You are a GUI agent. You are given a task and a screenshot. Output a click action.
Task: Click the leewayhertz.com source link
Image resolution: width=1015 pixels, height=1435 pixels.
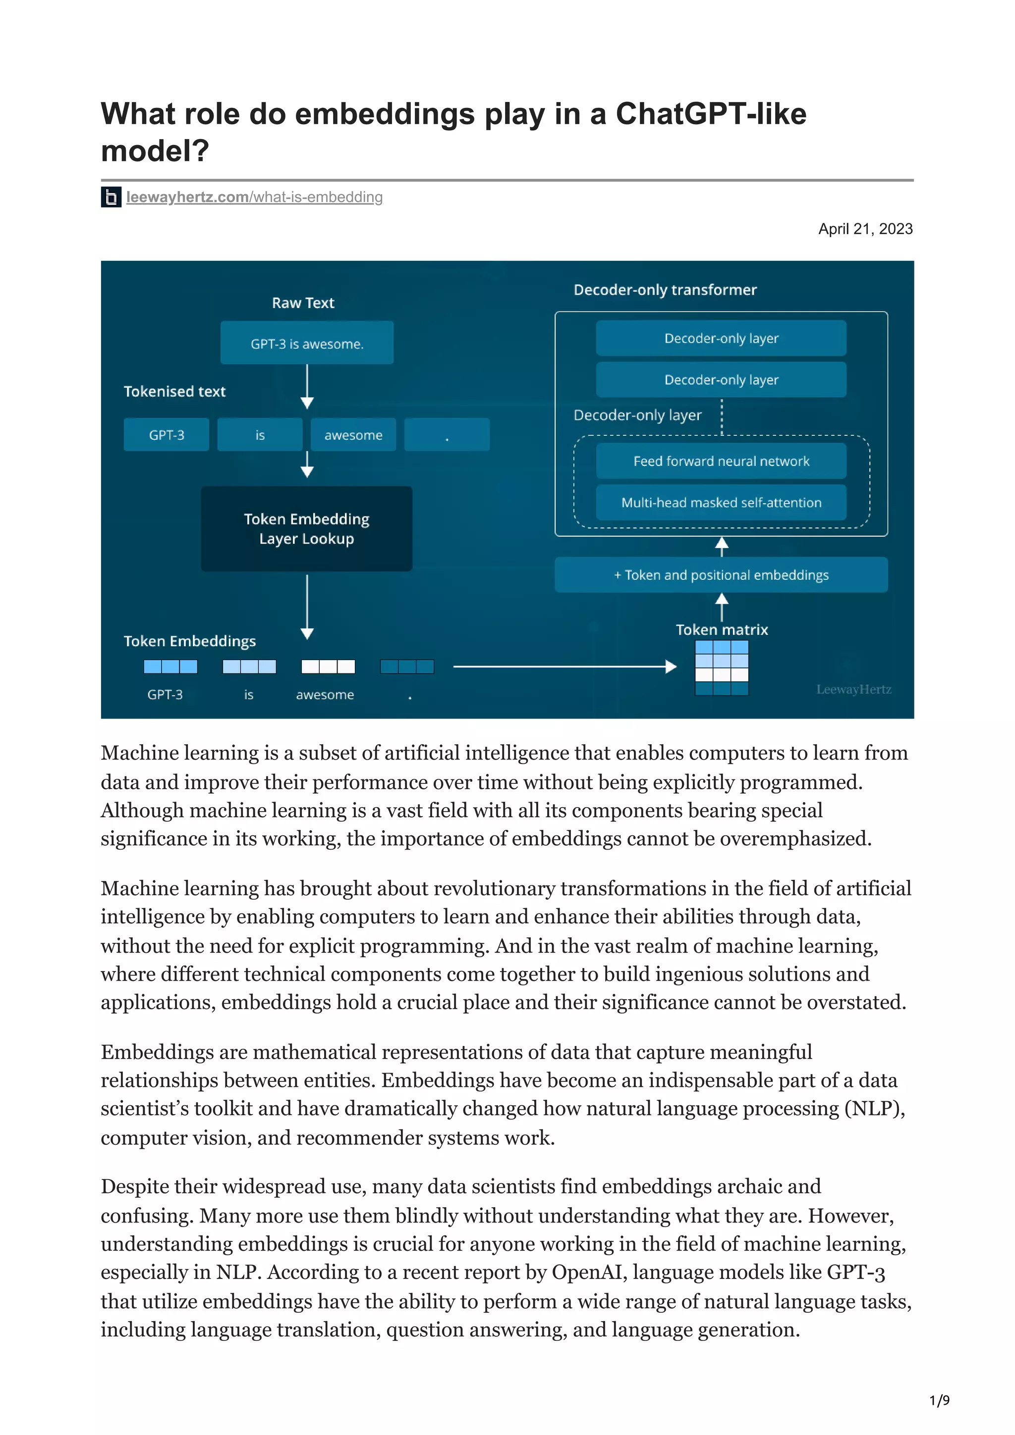pyautogui.click(x=254, y=198)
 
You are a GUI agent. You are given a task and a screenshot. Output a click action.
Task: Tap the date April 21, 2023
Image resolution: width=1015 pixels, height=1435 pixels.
pyautogui.click(x=865, y=229)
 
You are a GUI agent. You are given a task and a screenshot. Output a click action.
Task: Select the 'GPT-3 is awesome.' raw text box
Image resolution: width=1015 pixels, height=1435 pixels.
pyautogui.click(x=306, y=343)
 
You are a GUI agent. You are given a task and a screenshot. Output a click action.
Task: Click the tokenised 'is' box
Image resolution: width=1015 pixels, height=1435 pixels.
pyautogui.click(x=260, y=435)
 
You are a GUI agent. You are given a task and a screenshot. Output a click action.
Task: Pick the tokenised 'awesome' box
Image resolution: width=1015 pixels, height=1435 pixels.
pyautogui.click(x=353, y=435)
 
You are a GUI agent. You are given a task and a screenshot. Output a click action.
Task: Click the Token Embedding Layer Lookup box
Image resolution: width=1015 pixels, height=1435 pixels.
pyautogui.click(x=306, y=529)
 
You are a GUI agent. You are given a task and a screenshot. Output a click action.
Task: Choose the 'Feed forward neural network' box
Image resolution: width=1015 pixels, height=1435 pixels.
pyautogui.click(x=721, y=461)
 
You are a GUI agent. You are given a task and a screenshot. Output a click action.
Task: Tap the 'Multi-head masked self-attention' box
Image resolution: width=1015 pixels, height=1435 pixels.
pyautogui.click(x=721, y=503)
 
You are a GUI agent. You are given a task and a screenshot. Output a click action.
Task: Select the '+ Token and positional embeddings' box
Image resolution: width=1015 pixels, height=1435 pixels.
pyautogui.click(x=721, y=575)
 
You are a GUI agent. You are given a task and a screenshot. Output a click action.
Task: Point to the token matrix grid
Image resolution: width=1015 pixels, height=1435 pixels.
pyautogui.click(x=722, y=667)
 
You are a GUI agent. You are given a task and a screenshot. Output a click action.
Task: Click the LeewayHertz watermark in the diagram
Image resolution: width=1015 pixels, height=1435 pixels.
pyautogui.click(x=853, y=689)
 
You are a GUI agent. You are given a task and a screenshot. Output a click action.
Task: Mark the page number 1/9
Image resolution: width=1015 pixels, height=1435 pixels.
pyautogui.click(x=939, y=1401)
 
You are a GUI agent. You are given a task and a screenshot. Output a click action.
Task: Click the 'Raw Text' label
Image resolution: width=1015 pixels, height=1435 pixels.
pyautogui.click(x=303, y=303)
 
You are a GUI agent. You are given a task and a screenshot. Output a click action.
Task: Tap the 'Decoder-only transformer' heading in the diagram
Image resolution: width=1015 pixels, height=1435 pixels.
pyautogui.click(x=665, y=290)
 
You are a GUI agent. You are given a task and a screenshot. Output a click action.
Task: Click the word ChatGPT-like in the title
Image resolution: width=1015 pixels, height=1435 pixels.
pyautogui.click(x=710, y=114)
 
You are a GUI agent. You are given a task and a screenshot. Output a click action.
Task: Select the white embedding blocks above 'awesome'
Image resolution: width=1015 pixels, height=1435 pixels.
pyautogui.click(x=328, y=667)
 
